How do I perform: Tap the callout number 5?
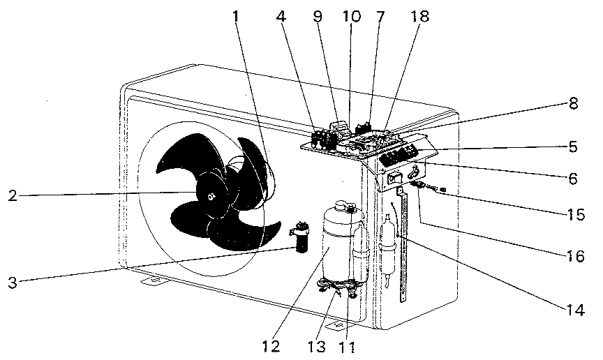click(574, 147)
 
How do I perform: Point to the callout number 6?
click(574, 179)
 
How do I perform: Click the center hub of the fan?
click(210, 197)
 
